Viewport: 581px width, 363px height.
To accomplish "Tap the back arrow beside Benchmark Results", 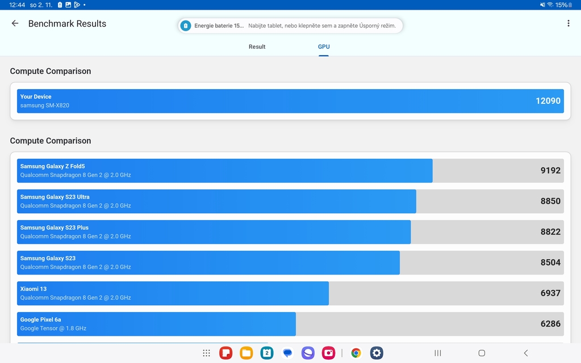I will coord(15,24).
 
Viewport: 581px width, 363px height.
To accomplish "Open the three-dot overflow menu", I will coord(568,24).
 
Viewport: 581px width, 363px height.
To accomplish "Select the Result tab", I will coord(257,47).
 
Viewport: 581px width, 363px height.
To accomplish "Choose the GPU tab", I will coord(324,47).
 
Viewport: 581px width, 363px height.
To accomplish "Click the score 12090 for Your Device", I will coord(547,101).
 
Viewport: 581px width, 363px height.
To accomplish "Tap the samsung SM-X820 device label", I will coord(45,105).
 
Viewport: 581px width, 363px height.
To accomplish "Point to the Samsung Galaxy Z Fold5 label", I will coord(52,166).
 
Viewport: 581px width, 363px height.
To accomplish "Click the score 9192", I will coord(550,171).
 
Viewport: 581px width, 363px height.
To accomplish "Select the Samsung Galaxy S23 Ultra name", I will coord(55,197).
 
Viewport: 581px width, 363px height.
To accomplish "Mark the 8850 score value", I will coord(550,201).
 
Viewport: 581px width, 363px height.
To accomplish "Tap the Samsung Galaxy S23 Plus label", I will coord(55,227).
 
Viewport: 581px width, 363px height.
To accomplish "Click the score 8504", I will coord(550,263).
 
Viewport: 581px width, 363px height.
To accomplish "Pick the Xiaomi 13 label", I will coord(34,289).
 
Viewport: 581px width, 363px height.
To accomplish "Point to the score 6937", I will coord(550,293).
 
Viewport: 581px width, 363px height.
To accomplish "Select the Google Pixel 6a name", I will coord(40,319).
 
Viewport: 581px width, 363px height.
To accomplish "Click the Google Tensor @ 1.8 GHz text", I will coord(53,328).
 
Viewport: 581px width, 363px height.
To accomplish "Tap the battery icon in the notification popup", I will coord(185,26).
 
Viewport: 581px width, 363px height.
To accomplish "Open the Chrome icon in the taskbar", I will coord(356,353).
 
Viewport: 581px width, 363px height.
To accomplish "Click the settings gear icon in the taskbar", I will coord(377,353).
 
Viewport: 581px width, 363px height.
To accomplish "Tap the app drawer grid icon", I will coord(207,353).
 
